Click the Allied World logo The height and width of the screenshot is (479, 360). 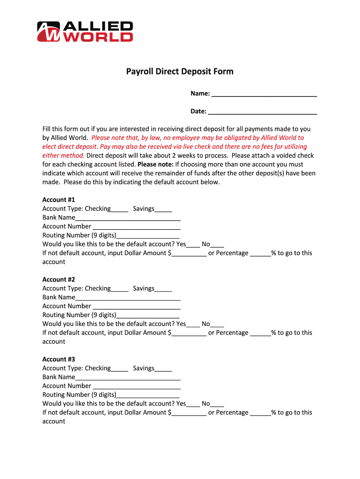tap(85, 32)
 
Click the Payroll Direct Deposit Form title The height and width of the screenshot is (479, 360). tap(180, 72)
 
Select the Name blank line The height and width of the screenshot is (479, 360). tap(264, 94)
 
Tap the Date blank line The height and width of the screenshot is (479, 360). tap(262, 112)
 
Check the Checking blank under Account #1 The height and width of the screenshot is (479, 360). tap(120, 210)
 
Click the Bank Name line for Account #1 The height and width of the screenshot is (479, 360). tap(128, 218)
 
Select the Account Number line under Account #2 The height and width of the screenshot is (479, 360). tap(136, 307)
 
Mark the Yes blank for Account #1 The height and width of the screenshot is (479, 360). tap(193, 245)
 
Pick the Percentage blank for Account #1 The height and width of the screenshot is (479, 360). tap(260, 254)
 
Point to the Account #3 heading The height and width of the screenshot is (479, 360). tap(58, 359)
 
